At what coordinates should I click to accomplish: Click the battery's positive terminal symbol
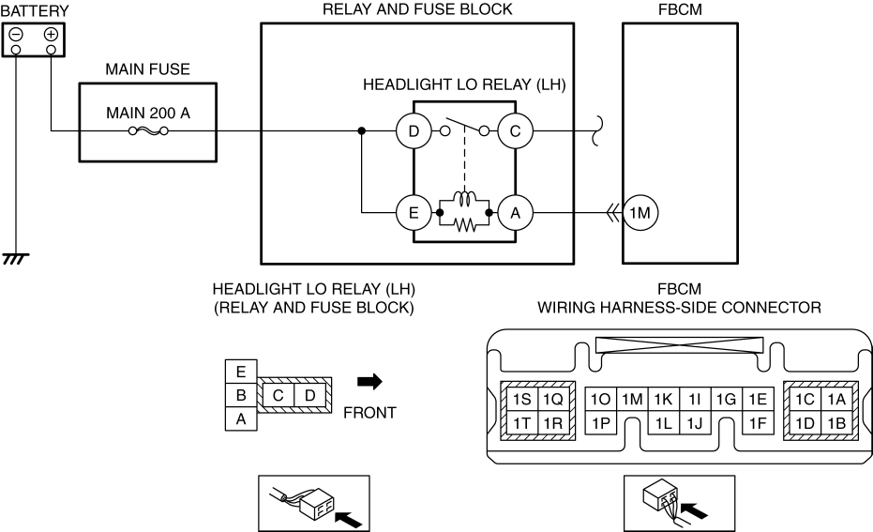[x=51, y=35]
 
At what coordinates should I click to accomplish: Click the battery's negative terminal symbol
[x=16, y=35]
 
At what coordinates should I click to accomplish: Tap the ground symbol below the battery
[x=16, y=258]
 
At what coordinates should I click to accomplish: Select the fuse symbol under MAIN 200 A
[x=148, y=131]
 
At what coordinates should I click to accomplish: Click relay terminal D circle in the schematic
[x=414, y=131]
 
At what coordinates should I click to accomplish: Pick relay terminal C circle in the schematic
[x=515, y=131]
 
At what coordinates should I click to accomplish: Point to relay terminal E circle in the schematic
[x=414, y=213]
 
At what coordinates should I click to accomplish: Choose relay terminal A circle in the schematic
[x=515, y=213]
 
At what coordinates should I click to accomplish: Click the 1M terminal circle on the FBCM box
[x=640, y=213]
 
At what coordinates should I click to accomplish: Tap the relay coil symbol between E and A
[x=465, y=198]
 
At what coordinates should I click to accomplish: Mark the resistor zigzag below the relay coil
[x=465, y=224]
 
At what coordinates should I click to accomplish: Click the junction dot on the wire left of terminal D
[x=361, y=131]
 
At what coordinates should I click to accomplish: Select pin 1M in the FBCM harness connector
[x=632, y=400]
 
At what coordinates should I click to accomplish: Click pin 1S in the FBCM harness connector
[x=521, y=400]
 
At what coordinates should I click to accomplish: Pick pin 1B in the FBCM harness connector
[x=836, y=423]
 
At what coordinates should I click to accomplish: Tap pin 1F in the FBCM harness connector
[x=758, y=423]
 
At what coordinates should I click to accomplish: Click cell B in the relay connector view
[x=241, y=395]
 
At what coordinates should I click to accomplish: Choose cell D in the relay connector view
[x=310, y=396]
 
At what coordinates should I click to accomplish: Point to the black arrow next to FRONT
[x=369, y=381]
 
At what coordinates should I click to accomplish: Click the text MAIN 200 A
[x=148, y=114]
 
